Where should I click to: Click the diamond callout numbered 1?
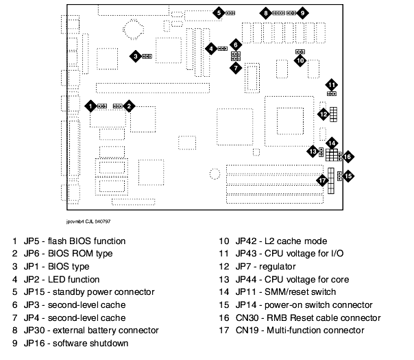coord(90,106)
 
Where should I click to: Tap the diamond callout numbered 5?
coord(218,12)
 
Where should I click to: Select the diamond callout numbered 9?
coord(302,13)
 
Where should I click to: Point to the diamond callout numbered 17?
coord(321,180)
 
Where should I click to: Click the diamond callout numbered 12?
coord(322,113)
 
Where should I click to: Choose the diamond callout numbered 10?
coord(300,60)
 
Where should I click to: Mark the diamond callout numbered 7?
coord(235,67)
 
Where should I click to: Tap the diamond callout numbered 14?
coord(332,143)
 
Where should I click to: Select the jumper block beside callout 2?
coord(117,106)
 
